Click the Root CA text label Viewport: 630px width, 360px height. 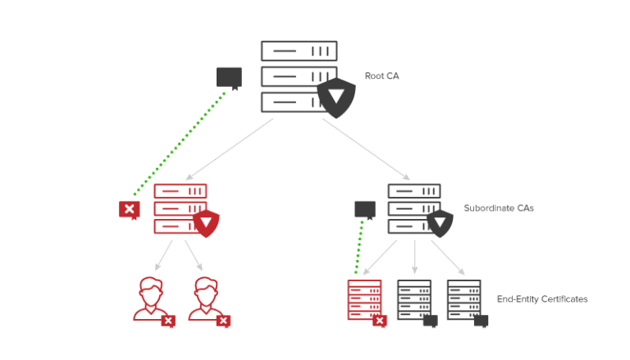click(x=382, y=76)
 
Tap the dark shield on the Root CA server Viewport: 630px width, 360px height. click(x=336, y=98)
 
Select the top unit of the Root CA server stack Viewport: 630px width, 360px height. click(x=299, y=51)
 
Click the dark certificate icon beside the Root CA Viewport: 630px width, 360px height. click(x=229, y=78)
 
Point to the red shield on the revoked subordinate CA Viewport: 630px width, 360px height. click(x=208, y=222)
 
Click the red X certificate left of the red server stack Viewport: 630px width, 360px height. click(x=130, y=210)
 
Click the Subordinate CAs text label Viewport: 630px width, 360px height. click(x=499, y=208)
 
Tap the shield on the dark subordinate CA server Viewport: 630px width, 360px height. click(x=441, y=221)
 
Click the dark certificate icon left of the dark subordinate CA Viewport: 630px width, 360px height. click(x=365, y=209)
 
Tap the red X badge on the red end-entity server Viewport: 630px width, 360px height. click(x=380, y=321)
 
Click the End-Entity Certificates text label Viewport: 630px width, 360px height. click(x=542, y=299)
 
